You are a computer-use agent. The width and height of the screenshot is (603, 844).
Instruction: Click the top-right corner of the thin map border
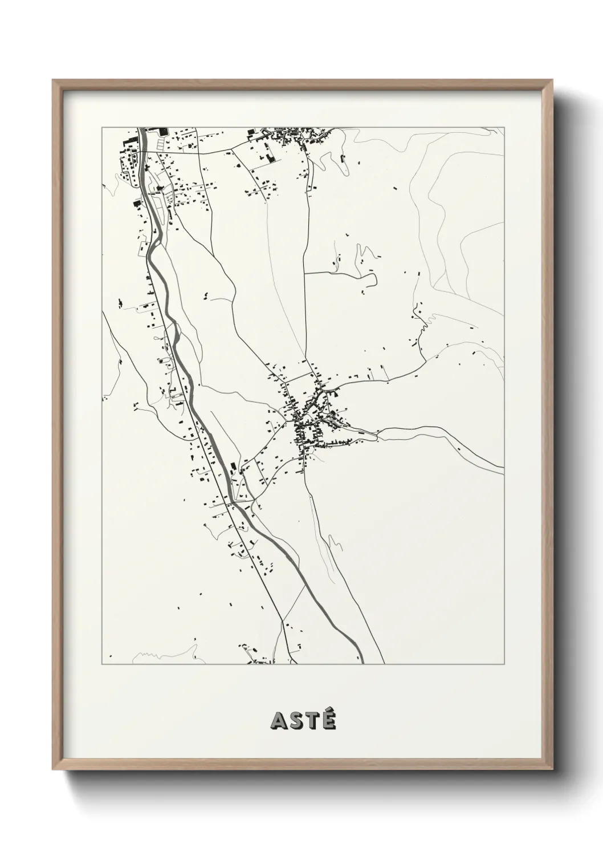[504, 127]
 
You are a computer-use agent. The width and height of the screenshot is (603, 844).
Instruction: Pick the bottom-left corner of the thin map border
[102, 664]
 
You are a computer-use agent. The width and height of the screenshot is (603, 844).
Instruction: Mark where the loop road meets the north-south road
[304, 273]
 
